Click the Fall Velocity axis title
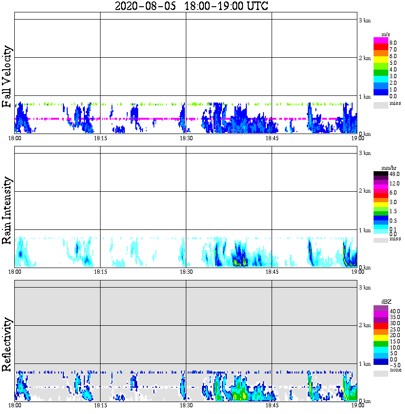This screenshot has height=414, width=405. (x=7, y=77)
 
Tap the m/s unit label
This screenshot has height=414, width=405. (x=386, y=35)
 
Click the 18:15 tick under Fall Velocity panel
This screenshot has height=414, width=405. (x=100, y=139)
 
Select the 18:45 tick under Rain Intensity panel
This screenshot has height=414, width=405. (x=272, y=272)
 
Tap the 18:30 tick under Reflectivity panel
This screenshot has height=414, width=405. (x=186, y=406)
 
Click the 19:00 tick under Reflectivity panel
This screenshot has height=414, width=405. (x=357, y=406)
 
